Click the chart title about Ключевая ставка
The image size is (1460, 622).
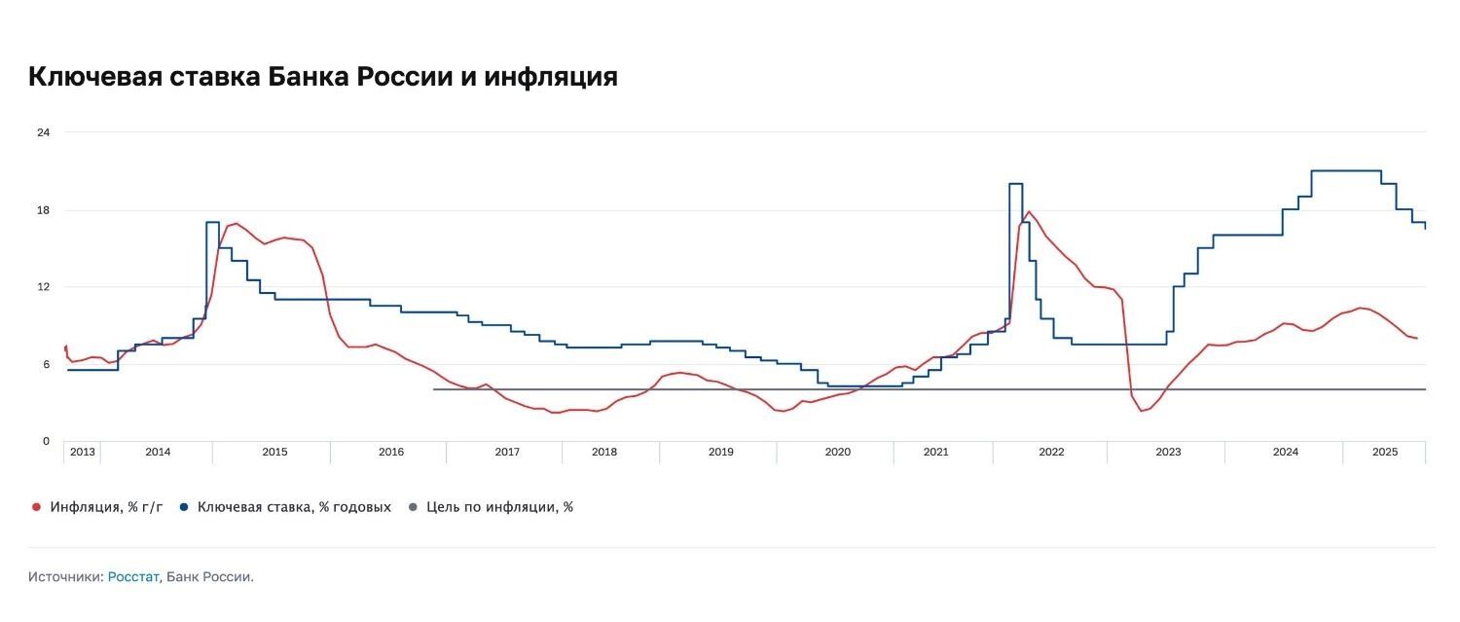click(323, 77)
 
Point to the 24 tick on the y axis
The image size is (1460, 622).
click(43, 132)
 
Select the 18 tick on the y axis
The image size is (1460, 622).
click(43, 210)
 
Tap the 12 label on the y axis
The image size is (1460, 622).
click(43, 287)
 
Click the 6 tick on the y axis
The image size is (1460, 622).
click(46, 364)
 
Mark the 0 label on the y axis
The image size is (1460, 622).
click(46, 441)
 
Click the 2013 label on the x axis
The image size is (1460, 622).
click(83, 452)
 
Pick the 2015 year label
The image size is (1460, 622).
click(274, 452)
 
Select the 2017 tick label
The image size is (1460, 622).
click(507, 452)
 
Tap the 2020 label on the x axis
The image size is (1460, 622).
click(837, 452)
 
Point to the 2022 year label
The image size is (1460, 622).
click(1051, 452)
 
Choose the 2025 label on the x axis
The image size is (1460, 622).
click(1384, 452)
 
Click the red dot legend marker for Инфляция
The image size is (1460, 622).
click(36, 507)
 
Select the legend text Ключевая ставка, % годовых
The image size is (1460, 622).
click(294, 507)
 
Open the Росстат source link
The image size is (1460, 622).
click(133, 577)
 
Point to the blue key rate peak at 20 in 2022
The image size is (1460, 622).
click(1015, 183)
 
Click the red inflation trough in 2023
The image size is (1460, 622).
click(1142, 411)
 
